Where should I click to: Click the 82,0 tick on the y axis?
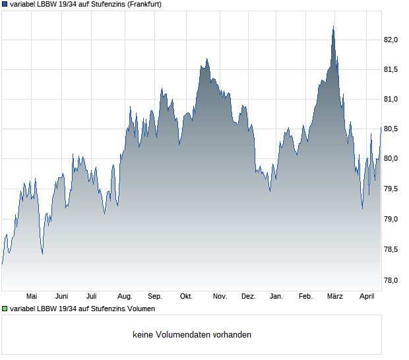[x=391, y=40]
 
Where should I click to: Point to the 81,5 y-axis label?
[x=391, y=69]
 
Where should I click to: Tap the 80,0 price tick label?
[x=391, y=159]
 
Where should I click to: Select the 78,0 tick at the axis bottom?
[x=391, y=280]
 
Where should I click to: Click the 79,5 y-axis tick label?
[x=391, y=189]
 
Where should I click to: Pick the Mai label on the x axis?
[x=32, y=297]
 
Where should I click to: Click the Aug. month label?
[x=125, y=297]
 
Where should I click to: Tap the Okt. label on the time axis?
[x=186, y=297]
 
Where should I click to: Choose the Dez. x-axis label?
[x=248, y=297]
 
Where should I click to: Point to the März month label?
[x=335, y=297]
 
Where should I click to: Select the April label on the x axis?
[x=366, y=297]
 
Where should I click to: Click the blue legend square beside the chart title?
[x=5, y=4]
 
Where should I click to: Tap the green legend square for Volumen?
[x=5, y=308]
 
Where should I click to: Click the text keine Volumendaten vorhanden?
[x=191, y=335]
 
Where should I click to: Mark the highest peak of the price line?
[x=333, y=26]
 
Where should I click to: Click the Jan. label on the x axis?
[x=276, y=297]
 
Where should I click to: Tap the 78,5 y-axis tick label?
[x=391, y=249]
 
